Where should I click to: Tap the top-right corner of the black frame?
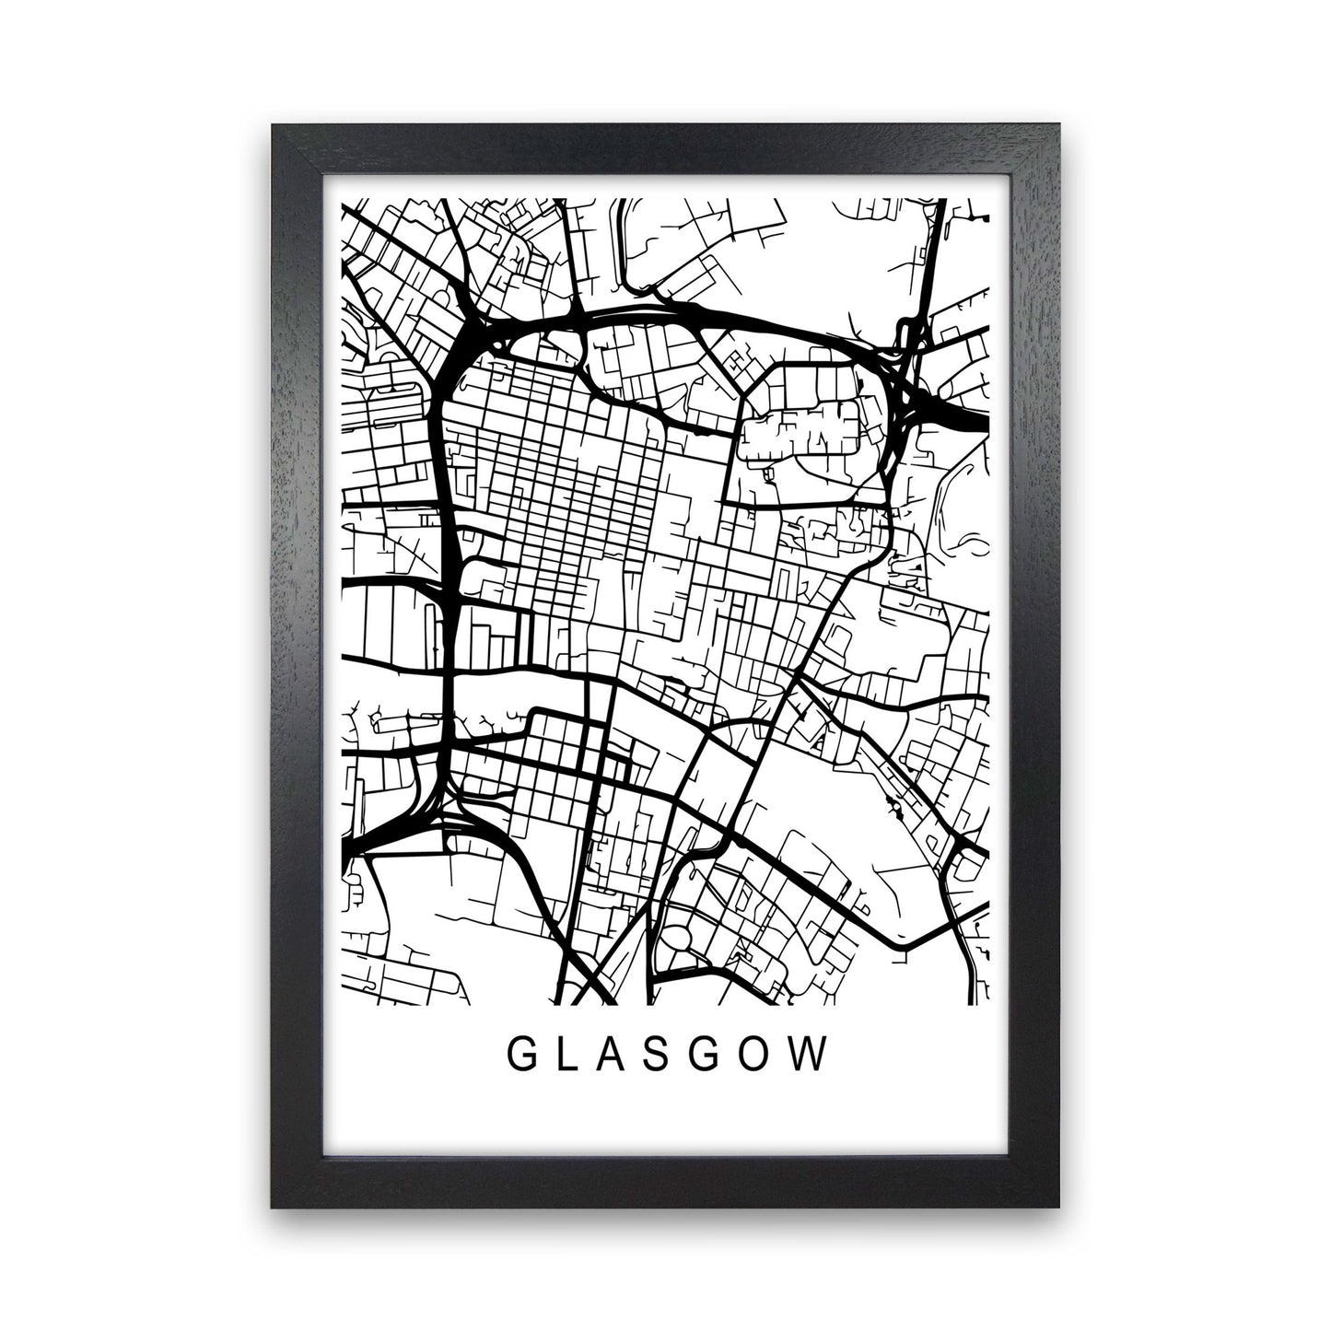tap(1059, 127)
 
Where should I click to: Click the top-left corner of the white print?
tap(312, 167)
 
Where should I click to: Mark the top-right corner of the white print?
tap(1020, 167)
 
